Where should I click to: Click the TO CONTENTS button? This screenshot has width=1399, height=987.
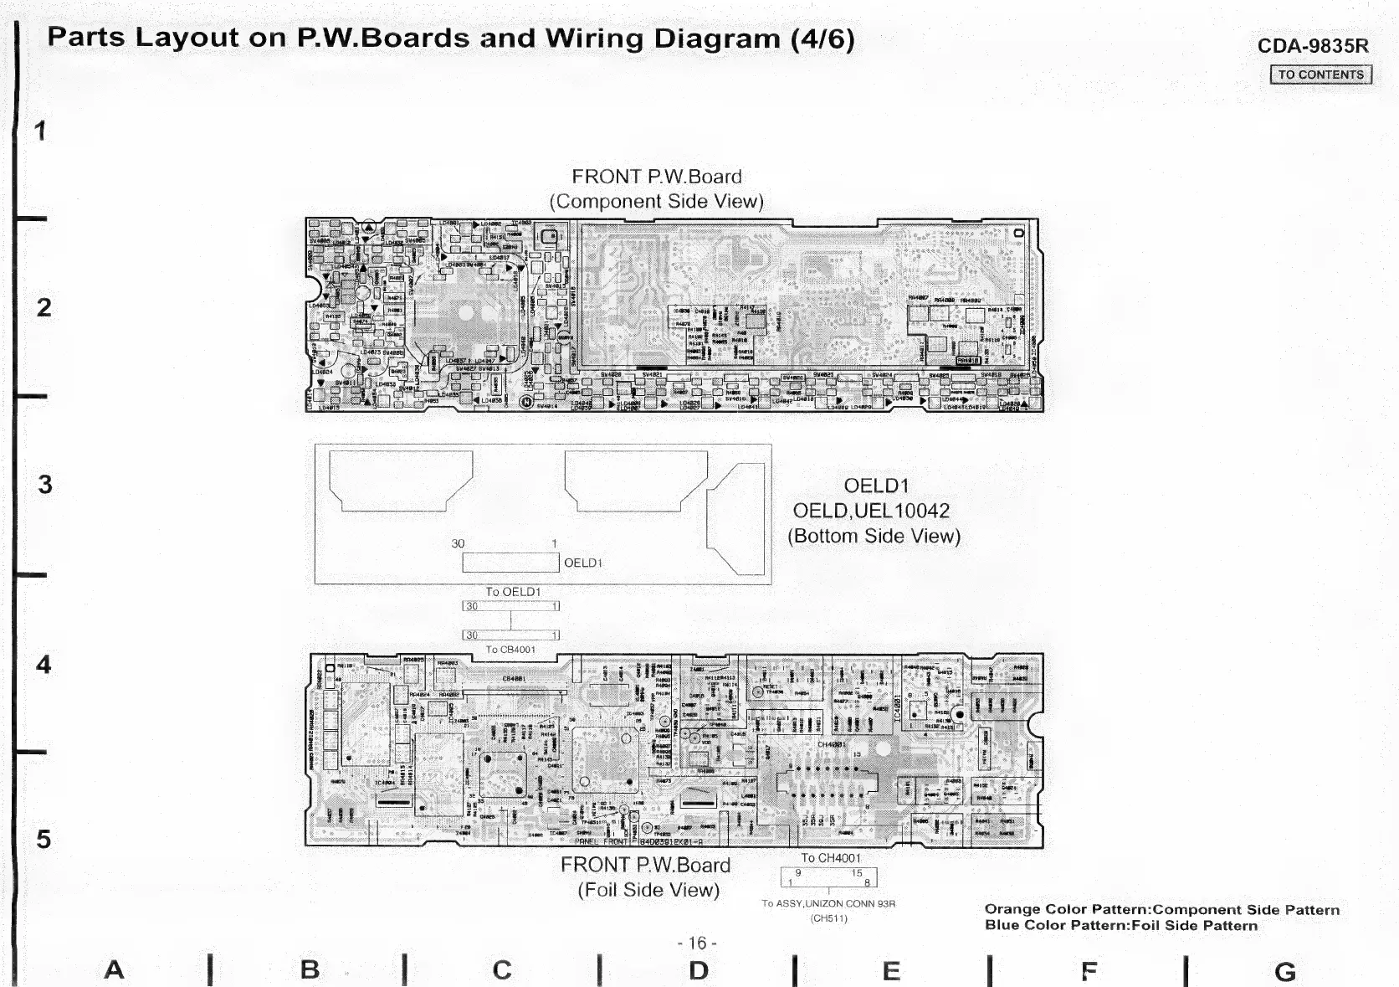1320,75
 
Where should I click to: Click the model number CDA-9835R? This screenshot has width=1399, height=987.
1312,46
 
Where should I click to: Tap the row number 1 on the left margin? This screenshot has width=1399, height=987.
40,131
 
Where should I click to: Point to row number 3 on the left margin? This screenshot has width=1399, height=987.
44,485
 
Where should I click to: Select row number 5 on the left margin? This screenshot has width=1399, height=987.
44,839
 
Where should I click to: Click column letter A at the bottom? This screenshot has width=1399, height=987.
114,970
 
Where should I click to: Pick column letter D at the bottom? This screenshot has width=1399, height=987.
699,971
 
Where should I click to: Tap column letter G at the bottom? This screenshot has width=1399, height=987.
1285,972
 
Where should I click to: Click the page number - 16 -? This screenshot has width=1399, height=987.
697,943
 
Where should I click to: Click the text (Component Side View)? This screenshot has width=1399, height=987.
656,202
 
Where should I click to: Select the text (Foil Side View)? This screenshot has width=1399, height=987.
648,890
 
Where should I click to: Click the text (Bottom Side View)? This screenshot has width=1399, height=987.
874,536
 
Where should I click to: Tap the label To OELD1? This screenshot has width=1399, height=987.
513,592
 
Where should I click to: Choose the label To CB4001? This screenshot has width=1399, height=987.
510,650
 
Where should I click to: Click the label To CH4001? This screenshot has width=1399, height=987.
830,858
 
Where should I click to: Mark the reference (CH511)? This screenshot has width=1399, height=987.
828,918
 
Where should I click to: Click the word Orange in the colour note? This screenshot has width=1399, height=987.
1009,909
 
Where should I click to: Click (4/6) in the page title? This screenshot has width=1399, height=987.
822,39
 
